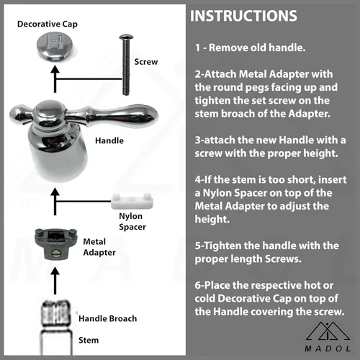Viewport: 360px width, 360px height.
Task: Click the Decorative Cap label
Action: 48,24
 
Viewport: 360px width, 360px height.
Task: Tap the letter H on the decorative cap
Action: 55,42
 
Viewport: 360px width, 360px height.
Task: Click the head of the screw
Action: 126,37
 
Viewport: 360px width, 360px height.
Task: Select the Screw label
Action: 146,62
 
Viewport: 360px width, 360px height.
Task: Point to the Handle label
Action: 109,140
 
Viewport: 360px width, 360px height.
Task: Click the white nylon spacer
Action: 132,201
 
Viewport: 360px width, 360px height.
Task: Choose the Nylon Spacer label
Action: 132,221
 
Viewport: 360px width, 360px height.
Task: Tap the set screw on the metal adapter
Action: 56,253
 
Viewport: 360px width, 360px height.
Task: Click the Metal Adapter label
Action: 99,247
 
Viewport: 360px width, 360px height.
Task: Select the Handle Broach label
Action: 108,318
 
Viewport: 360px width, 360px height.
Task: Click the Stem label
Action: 89,340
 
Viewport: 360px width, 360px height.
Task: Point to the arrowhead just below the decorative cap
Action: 55,69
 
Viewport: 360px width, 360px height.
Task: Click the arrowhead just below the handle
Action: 55,192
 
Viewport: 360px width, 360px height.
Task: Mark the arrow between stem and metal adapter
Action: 55,281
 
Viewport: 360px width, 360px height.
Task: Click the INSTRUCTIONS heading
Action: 243,16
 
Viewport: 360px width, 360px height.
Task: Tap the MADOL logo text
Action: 328,348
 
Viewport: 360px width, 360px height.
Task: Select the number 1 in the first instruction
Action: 197,48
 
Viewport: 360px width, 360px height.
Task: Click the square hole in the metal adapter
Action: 56,235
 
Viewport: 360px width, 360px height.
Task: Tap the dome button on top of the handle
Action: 48,110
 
